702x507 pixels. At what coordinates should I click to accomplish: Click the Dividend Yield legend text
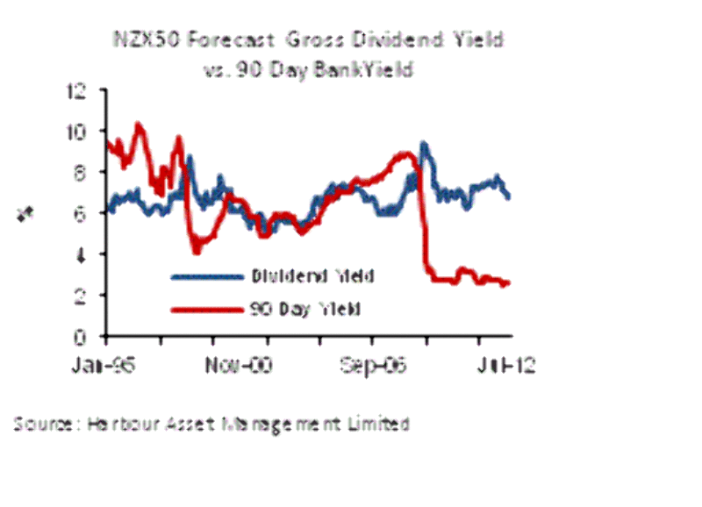point(314,277)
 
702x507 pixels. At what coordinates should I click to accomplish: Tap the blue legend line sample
point(207,277)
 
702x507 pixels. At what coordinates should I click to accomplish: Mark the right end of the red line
point(508,282)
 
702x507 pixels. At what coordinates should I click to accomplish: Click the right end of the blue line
point(508,196)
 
